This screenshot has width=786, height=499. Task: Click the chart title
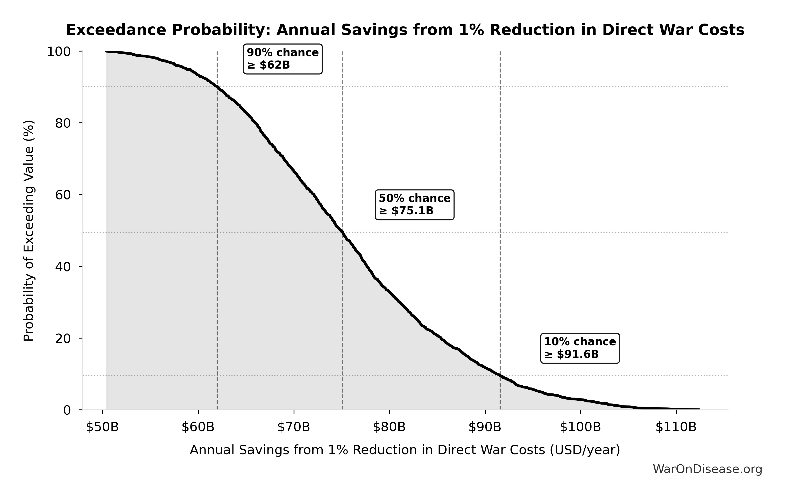tap(405, 30)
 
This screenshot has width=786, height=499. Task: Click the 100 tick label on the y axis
tap(59, 52)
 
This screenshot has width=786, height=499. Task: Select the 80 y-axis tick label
tap(63, 123)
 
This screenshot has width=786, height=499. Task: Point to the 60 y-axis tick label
tap(63, 195)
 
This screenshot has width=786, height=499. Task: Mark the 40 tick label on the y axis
tap(63, 267)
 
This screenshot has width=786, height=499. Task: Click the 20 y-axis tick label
tap(63, 338)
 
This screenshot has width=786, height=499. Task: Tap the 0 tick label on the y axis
tap(67, 410)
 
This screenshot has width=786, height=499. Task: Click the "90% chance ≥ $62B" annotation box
tap(283, 59)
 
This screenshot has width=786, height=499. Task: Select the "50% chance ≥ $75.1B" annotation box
tap(415, 205)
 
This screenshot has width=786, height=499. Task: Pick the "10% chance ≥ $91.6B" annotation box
tap(580, 348)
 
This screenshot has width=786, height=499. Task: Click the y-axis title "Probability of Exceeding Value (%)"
tap(29, 231)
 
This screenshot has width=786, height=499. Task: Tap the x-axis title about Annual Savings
tap(405, 450)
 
